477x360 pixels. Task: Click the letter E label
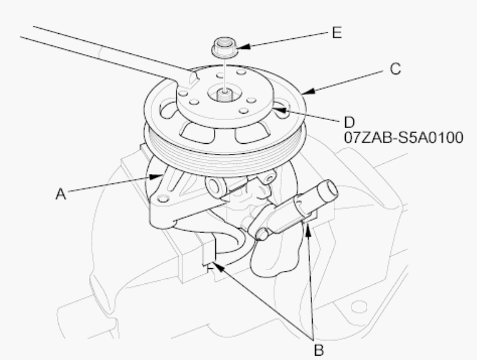(337, 33)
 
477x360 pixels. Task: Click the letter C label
(395, 69)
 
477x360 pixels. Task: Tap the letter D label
(350, 123)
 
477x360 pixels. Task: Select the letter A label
(61, 194)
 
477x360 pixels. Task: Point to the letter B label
(318, 350)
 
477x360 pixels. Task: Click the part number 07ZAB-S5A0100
(404, 138)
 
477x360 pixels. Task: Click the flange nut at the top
(225, 47)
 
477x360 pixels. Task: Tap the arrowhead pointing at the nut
(244, 46)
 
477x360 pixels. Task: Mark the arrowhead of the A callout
(156, 177)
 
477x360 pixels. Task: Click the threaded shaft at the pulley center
(225, 95)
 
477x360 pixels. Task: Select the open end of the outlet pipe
(331, 188)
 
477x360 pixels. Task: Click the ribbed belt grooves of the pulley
(225, 155)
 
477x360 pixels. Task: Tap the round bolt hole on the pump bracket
(164, 199)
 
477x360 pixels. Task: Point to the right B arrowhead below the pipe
(308, 230)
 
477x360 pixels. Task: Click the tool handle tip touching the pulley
(193, 78)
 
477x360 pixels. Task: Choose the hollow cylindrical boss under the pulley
(217, 186)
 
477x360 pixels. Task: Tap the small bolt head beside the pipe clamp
(262, 234)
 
